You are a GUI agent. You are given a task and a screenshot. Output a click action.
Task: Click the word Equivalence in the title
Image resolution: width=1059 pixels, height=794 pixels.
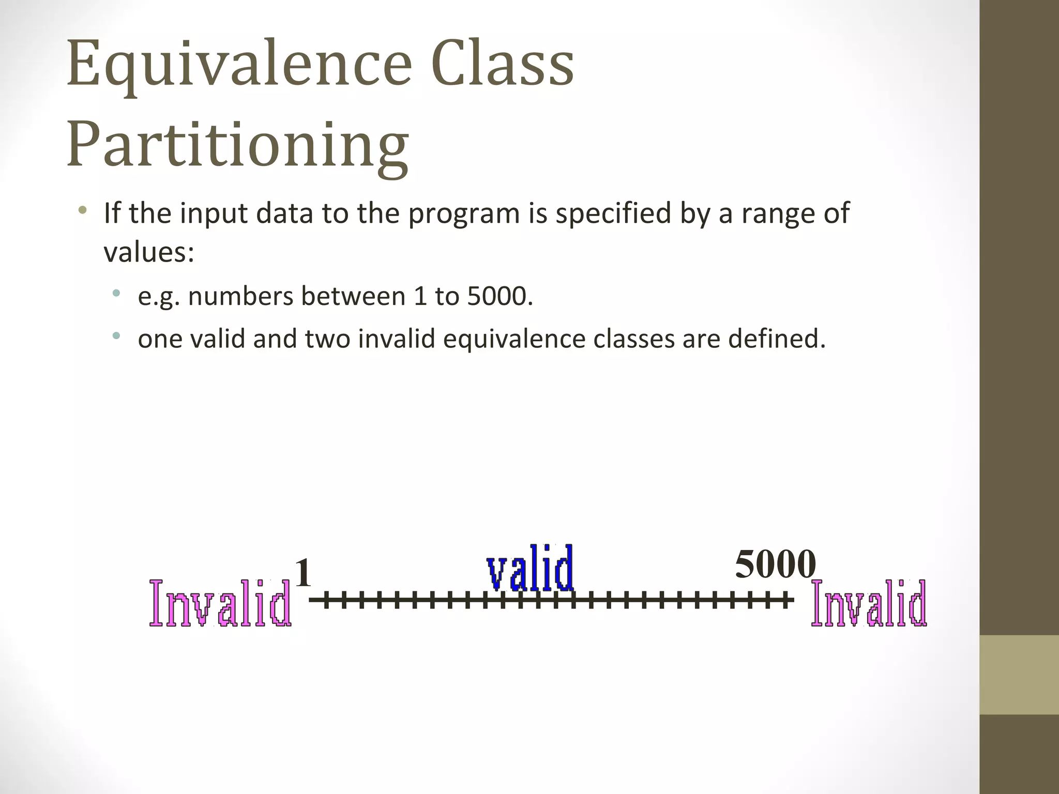click(239, 65)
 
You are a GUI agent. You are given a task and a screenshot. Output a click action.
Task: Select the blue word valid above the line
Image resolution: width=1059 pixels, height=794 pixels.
click(531, 569)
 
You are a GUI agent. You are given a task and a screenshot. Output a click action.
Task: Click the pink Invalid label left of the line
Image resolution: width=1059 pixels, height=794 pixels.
click(220, 603)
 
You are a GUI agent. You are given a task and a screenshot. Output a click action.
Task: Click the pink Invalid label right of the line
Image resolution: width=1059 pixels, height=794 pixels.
click(869, 603)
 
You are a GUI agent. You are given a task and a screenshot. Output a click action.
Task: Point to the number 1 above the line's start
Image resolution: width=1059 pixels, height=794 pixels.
click(303, 573)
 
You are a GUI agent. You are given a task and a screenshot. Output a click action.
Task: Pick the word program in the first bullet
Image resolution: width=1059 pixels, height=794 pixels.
click(463, 213)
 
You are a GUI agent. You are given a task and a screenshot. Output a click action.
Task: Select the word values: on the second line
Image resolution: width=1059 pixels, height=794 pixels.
click(149, 252)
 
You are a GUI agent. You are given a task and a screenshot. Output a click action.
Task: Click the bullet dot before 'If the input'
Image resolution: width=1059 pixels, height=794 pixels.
click(82, 210)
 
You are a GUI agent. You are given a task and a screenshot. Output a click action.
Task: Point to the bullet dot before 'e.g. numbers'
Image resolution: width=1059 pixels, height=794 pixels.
click(116, 294)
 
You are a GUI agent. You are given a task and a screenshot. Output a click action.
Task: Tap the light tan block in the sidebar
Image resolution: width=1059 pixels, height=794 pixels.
click(1019, 675)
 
